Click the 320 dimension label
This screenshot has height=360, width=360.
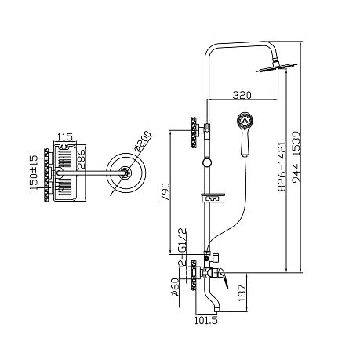[242, 95]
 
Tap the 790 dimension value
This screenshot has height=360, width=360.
[165, 192]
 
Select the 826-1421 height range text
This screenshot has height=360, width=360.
[282, 166]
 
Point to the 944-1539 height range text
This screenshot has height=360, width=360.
[296, 157]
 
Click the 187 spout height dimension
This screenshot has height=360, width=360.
[242, 293]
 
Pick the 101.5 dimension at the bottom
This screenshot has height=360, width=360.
[206, 320]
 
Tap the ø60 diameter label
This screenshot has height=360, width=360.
[175, 287]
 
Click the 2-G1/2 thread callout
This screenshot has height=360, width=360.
[182, 248]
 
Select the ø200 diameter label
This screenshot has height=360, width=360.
[143, 140]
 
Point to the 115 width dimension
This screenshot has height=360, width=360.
[65, 136]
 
